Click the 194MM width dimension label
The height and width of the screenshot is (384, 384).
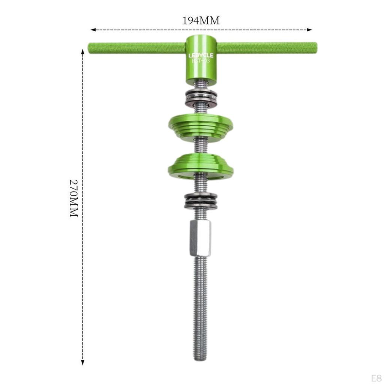click(x=201, y=21)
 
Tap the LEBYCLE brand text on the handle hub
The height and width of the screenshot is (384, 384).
click(x=201, y=55)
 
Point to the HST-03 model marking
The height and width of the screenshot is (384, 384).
click(x=201, y=61)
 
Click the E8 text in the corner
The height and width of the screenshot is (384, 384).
click(x=376, y=377)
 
